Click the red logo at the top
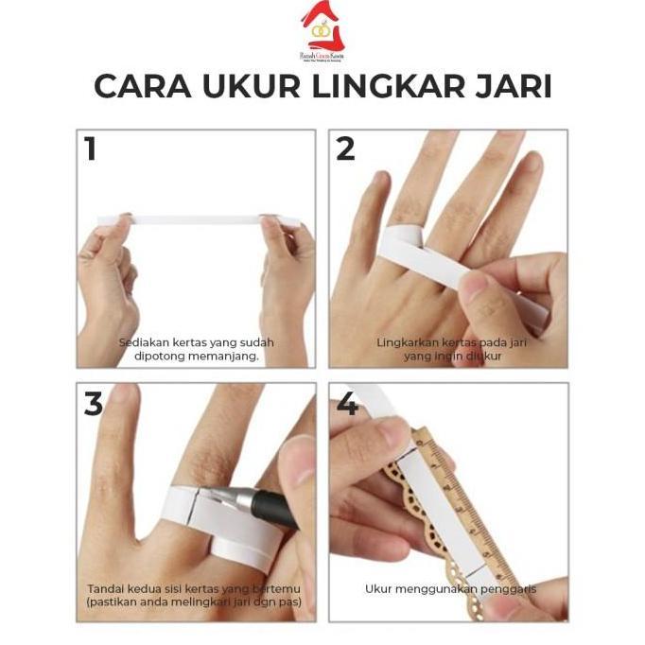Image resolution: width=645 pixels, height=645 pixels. pyautogui.click(x=322, y=27)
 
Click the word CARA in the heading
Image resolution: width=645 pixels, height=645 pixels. pyautogui.click(x=141, y=87)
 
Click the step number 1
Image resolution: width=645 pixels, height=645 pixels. pyautogui.click(x=91, y=148)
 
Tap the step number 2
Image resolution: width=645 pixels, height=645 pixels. pyautogui.click(x=345, y=148)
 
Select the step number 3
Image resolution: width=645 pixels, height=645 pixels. pyautogui.click(x=93, y=404)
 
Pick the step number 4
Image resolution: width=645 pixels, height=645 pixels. pyautogui.click(x=347, y=404)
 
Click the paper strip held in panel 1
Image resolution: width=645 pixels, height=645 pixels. pyautogui.click(x=199, y=220)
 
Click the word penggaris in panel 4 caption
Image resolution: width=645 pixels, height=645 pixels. pyautogui.click(x=509, y=588)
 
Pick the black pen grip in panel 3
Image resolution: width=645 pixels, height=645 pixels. pyautogui.click(x=276, y=511)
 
